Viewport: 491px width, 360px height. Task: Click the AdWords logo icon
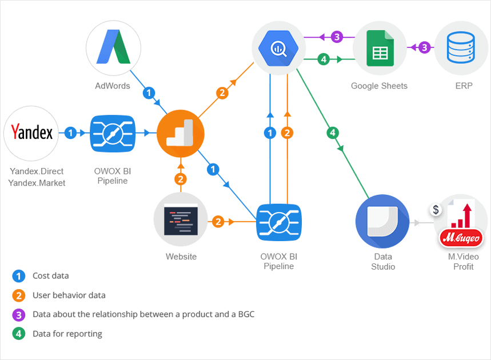[113, 47]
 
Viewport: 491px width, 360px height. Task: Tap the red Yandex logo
[31, 133]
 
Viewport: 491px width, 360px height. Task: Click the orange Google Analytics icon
[180, 133]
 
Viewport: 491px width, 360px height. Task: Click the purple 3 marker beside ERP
[424, 47]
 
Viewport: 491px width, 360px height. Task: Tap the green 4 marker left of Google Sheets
[324, 59]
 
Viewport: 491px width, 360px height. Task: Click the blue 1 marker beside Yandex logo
[71, 133]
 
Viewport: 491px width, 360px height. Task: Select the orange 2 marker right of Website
[218, 221]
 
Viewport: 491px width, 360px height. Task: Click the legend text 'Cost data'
[50, 276]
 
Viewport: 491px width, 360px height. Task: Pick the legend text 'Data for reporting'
[67, 334]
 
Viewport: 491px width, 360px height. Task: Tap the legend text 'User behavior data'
[69, 295]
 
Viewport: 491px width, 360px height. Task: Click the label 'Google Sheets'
[379, 86]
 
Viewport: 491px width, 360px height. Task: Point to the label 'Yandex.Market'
[37, 183]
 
